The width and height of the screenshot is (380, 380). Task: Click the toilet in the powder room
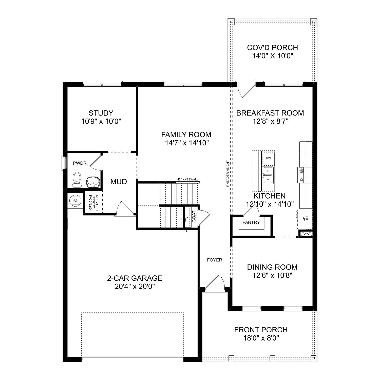(x=77, y=179)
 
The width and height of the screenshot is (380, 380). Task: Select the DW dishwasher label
(x=268, y=158)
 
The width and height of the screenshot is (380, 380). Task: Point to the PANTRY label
(x=251, y=222)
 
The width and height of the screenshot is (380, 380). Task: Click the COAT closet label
(x=194, y=217)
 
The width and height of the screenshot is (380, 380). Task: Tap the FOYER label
(x=214, y=260)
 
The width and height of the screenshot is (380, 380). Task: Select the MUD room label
(x=119, y=182)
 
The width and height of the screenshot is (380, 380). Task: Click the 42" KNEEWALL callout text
(x=188, y=179)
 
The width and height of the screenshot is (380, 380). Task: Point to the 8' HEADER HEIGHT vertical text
(x=228, y=174)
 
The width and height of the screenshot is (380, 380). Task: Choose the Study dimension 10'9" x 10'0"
(x=101, y=122)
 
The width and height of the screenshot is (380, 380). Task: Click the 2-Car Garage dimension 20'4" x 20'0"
(x=135, y=287)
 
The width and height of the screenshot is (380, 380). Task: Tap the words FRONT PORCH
(x=261, y=330)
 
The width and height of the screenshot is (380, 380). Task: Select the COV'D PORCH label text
(x=272, y=48)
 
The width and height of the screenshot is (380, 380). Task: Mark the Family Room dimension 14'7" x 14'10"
(x=187, y=143)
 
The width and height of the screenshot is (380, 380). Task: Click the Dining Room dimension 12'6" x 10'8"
(x=272, y=275)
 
